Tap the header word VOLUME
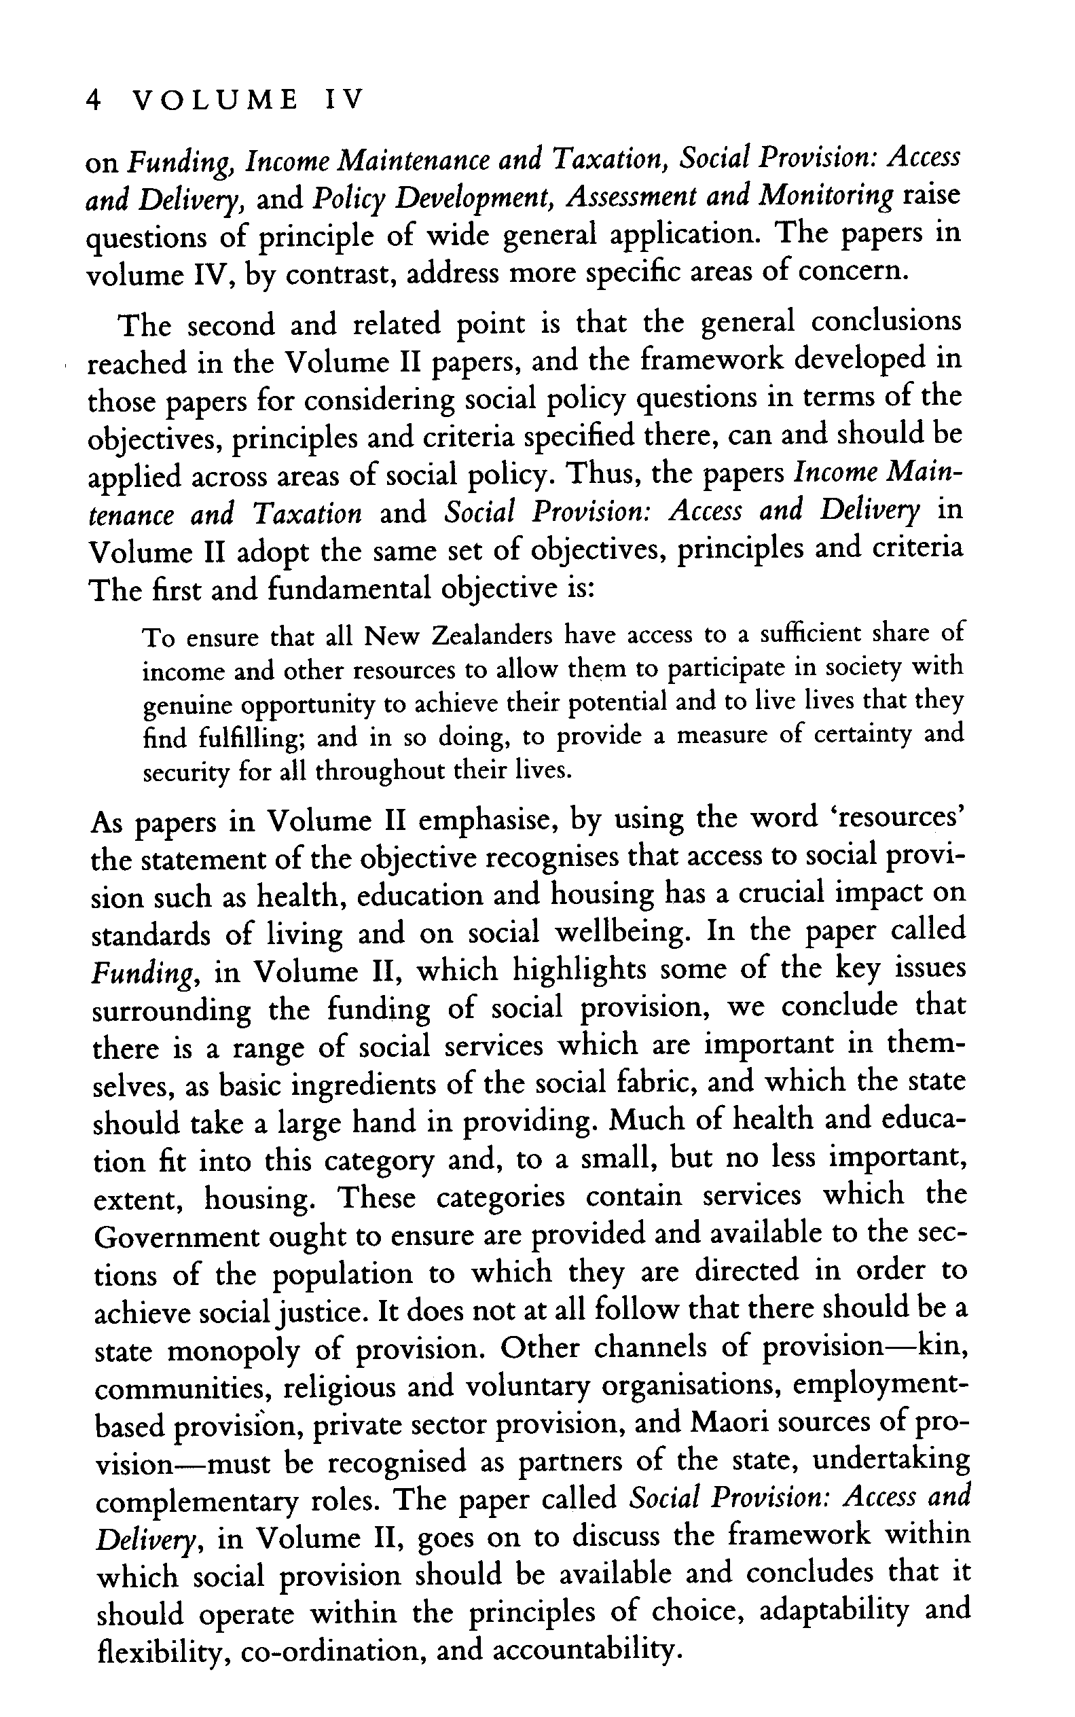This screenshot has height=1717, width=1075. pos(216,100)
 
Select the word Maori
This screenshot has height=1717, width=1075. pos(731,1424)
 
